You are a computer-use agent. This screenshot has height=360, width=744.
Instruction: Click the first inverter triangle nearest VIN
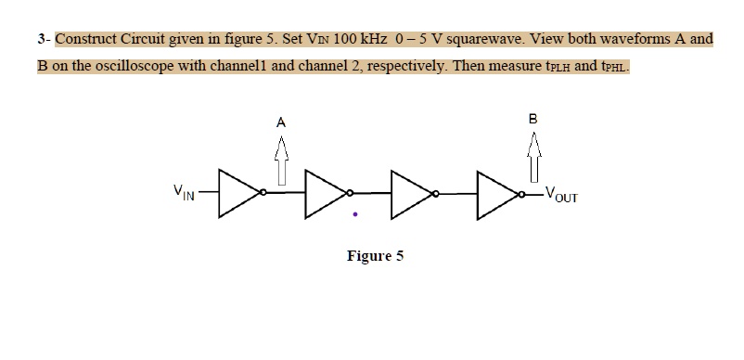pos(237,193)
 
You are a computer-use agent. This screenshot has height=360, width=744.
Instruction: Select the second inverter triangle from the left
pos(324,193)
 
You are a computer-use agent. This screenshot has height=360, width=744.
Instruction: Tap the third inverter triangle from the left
pos(411,193)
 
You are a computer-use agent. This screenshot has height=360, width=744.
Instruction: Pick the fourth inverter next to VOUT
pos(497,194)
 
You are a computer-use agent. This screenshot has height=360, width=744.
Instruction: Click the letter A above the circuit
pos(280,121)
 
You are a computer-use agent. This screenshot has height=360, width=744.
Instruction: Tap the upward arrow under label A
pos(280,159)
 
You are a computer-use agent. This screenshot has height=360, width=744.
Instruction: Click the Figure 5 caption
pos(375,256)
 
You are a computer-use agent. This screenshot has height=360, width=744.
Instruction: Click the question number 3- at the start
pos(44,41)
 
